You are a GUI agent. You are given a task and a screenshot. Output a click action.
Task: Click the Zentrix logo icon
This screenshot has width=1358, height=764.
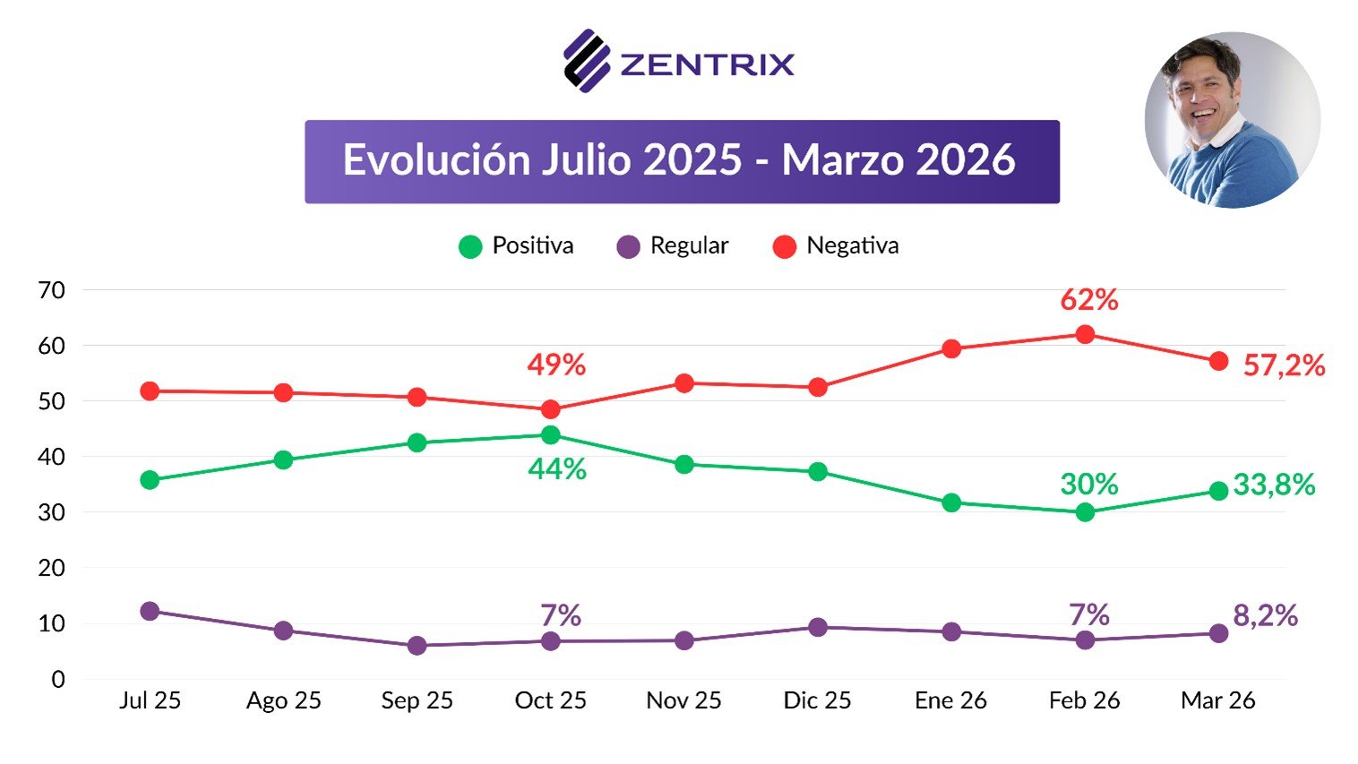pyautogui.click(x=587, y=61)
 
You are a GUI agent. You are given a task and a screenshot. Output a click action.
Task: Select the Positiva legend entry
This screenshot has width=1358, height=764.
pyautogui.click(x=516, y=246)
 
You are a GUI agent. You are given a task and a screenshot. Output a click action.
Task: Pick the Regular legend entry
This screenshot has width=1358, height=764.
pyautogui.click(x=673, y=246)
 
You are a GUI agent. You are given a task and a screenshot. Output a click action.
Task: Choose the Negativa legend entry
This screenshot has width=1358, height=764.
pyautogui.click(x=836, y=246)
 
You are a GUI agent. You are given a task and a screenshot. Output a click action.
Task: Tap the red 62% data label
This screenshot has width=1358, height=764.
pyautogui.click(x=1088, y=300)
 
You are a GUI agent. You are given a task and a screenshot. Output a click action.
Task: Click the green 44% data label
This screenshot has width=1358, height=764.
pyautogui.click(x=557, y=468)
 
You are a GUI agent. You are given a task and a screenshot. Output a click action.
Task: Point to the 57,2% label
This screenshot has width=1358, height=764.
pyautogui.click(x=1284, y=365)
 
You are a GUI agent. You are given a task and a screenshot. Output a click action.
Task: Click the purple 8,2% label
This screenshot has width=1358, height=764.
pyautogui.click(x=1265, y=615)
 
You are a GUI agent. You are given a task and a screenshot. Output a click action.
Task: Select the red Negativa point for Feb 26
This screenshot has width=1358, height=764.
pyautogui.click(x=1085, y=334)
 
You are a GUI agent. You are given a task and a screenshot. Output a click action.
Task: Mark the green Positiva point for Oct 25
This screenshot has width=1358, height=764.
pyautogui.click(x=551, y=435)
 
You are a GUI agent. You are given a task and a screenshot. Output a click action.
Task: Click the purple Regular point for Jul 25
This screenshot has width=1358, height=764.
pyautogui.click(x=150, y=611)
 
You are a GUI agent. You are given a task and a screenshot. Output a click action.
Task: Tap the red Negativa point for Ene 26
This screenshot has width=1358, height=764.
pyautogui.click(x=951, y=348)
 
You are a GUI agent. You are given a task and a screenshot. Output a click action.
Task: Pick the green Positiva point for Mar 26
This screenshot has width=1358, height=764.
pyautogui.click(x=1218, y=491)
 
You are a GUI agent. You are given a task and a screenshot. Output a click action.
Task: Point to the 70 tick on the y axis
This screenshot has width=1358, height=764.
pyautogui.click(x=52, y=290)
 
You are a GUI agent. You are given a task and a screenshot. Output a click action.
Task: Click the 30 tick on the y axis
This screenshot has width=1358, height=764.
pyautogui.click(x=52, y=512)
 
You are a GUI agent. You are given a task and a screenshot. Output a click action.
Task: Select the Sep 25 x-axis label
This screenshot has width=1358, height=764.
pyautogui.click(x=417, y=700)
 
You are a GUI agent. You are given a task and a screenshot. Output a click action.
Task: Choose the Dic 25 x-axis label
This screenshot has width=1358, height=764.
pyautogui.click(x=817, y=700)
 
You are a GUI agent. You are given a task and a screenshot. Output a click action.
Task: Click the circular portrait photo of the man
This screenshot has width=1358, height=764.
pyautogui.click(x=1233, y=120)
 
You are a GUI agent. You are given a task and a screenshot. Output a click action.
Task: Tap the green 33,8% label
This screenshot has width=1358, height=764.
pyautogui.click(x=1274, y=485)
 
